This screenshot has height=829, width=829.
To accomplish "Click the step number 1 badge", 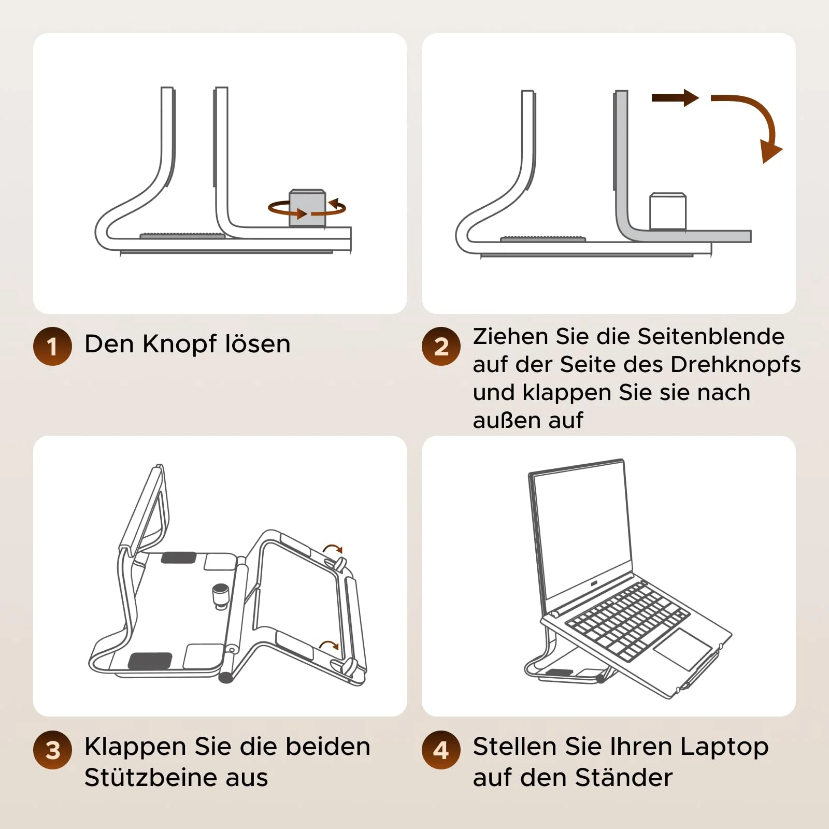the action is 52,346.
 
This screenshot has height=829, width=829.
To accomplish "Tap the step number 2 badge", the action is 441,346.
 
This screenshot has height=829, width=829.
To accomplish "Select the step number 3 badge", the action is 52,750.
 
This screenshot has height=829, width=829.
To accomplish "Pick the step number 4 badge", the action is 441,750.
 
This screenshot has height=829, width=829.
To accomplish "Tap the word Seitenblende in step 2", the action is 711,337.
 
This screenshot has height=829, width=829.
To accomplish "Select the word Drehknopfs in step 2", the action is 736,365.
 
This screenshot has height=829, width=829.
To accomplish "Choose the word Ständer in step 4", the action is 624,778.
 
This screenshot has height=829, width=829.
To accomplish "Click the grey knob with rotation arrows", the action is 307,208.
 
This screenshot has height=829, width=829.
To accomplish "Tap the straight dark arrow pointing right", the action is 675,98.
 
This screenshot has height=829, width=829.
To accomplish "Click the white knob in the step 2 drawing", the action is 668,211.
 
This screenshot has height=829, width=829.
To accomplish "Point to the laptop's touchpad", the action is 683,650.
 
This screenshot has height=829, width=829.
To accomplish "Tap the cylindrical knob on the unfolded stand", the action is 221,596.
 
